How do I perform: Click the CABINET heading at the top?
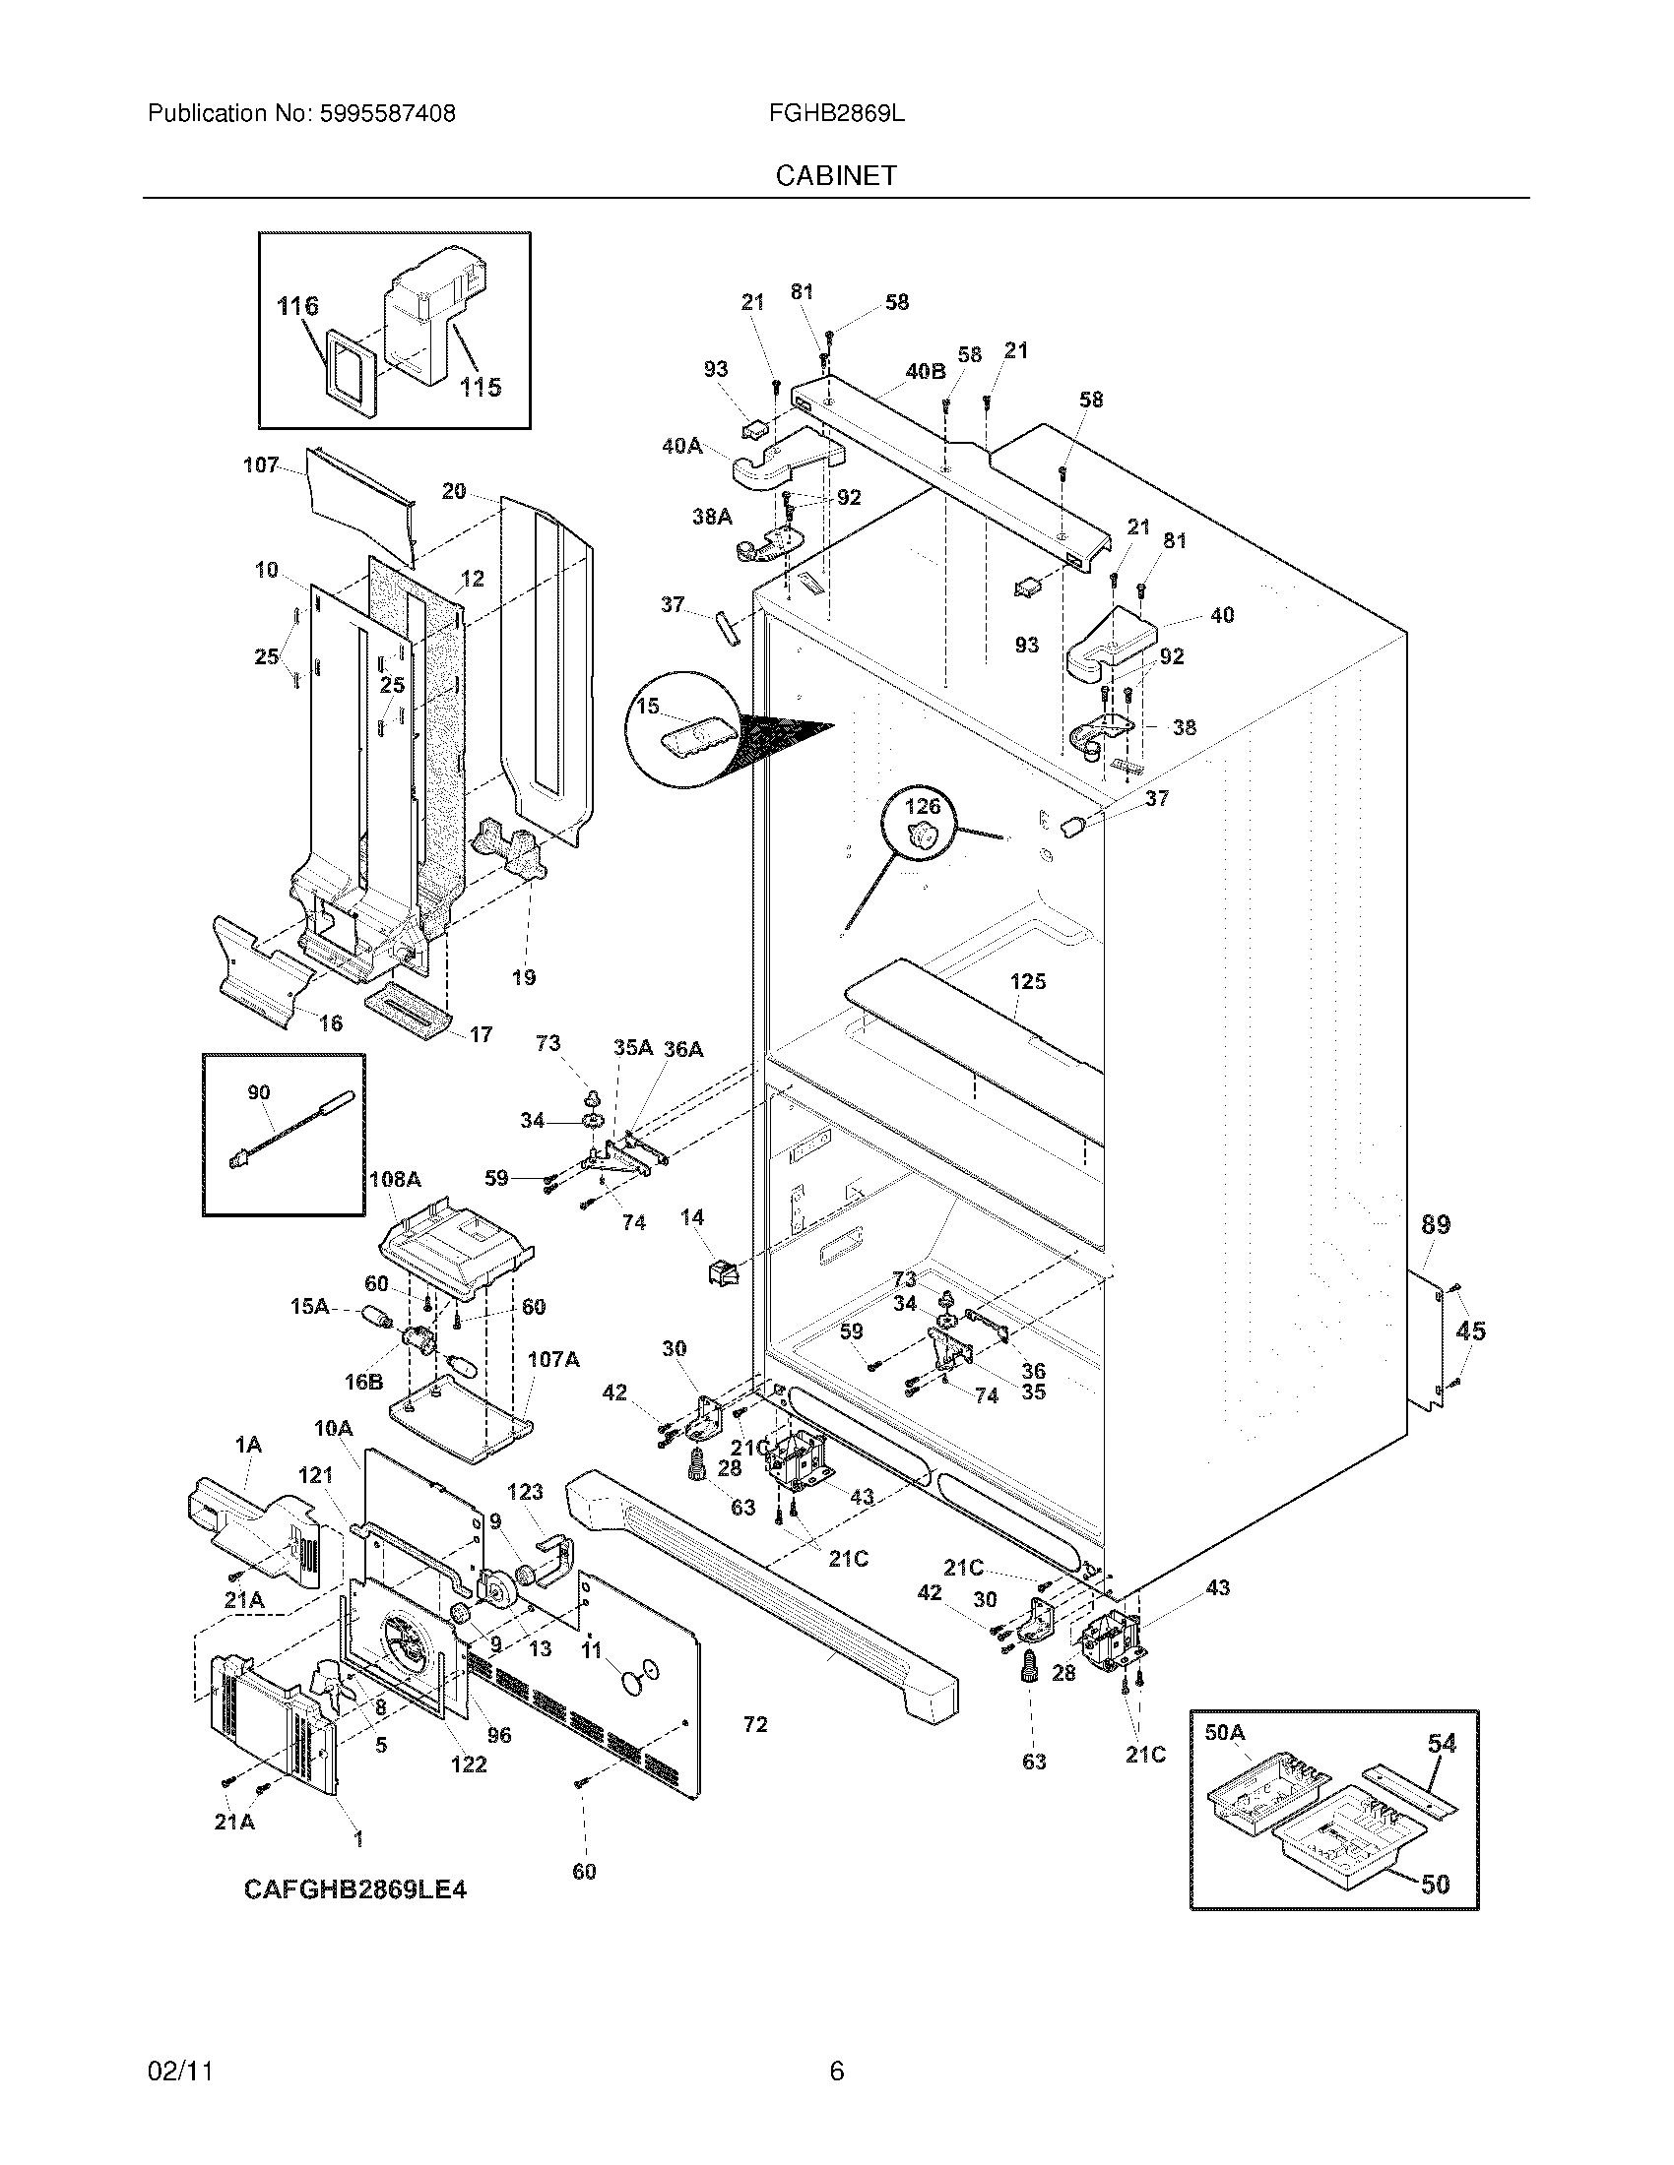coord(835,175)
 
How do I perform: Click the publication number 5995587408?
coord(388,114)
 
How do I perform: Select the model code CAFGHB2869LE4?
coord(355,1889)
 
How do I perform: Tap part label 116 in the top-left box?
coord(297,306)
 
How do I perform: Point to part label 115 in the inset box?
coord(480,388)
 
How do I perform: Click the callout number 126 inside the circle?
coord(923,807)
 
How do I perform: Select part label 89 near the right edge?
coord(1435,1225)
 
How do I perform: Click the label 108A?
coord(394,1180)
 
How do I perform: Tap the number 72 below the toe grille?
coord(754,1725)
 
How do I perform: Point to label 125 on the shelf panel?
coord(1027,981)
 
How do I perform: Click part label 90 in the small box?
coord(258,1092)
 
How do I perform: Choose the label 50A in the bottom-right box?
coord(1224,1733)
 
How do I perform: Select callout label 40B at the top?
coord(925,372)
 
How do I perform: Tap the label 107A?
coord(552,1359)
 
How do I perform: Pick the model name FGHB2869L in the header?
coord(836,114)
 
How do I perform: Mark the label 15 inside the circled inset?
coord(648,707)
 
